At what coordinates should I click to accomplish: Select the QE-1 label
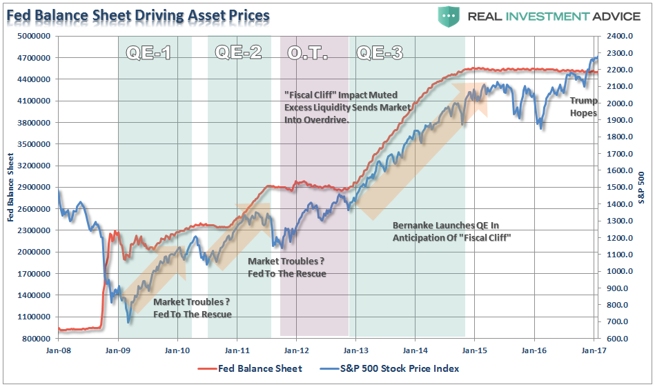[x=148, y=52]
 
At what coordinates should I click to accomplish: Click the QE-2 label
[x=238, y=52]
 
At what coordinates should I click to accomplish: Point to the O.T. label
[x=306, y=52]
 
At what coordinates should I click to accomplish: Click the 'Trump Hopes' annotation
[x=583, y=107]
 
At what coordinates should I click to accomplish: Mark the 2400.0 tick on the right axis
[x=618, y=36]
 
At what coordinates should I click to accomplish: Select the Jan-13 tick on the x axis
[x=355, y=350]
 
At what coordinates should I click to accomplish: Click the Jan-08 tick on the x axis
[x=58, y=350]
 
